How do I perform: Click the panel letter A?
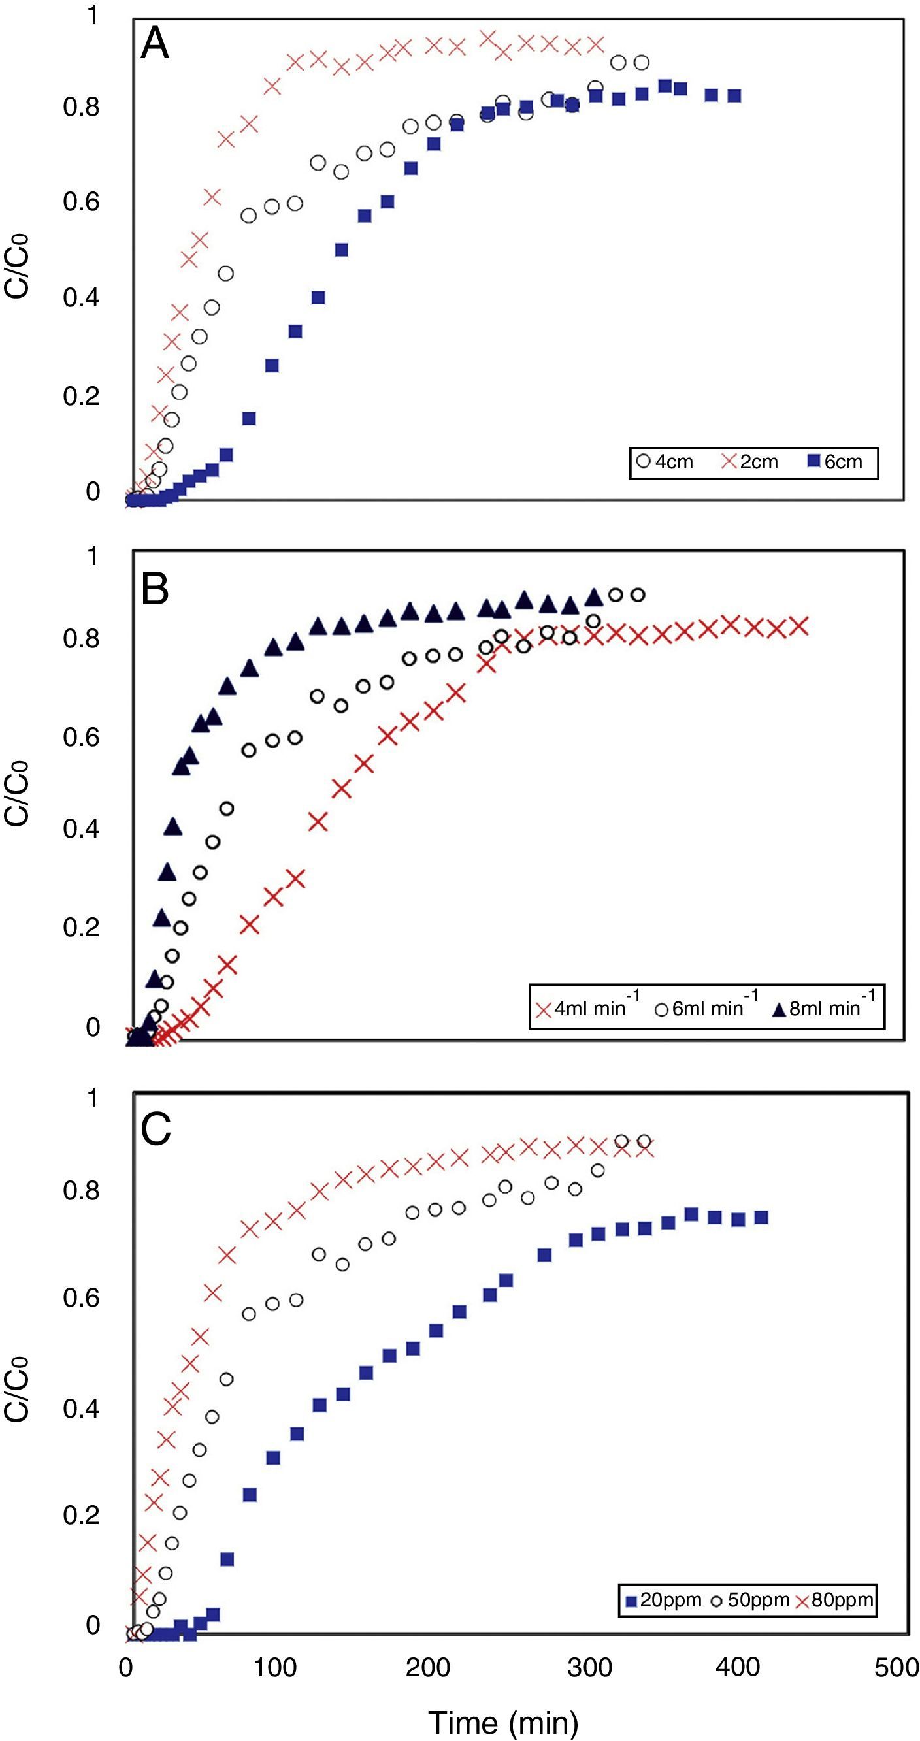[155, 46]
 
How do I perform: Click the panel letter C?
[156, 1129]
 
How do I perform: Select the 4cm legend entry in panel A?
[666, 463]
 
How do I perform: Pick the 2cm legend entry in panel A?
[750, 463]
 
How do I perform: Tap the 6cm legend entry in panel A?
[836, 463]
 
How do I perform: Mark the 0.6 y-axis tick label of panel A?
[81, 201]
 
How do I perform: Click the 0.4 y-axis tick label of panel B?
[81, 828]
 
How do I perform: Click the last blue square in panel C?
[761, 1217]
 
